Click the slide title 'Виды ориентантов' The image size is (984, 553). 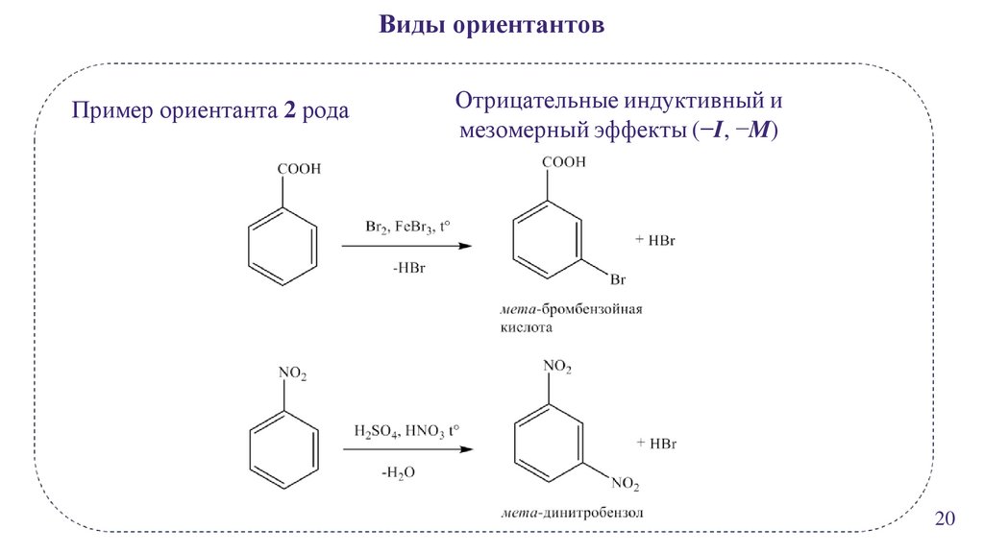(491, 24)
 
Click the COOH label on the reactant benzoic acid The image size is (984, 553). (299, 170)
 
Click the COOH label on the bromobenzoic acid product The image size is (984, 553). (565, 162)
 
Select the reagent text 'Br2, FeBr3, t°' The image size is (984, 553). (407, 228)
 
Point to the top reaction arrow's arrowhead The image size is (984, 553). (465, 247)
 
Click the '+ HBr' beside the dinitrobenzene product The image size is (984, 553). (657, 443)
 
